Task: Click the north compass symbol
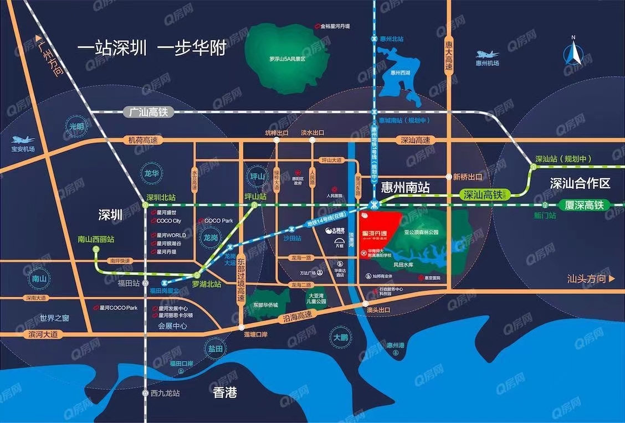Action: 574,53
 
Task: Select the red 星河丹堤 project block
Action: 379,232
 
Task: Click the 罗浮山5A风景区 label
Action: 287,58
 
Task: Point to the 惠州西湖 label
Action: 400,72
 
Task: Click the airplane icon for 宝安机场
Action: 23,140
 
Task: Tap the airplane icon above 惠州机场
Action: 487,54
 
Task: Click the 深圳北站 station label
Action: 161,197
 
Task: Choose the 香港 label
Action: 225,393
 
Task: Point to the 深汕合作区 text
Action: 580,183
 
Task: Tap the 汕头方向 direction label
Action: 591,279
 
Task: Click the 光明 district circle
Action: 76,126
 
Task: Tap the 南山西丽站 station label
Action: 96,240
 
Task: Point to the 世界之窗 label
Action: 54,318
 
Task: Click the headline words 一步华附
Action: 192,48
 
